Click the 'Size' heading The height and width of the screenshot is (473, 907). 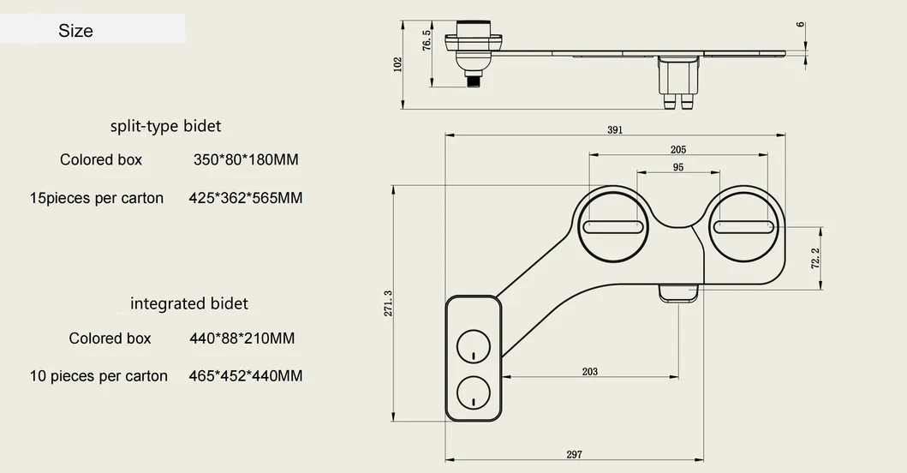(75, 31)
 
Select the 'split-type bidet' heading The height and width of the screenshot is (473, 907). (165, 126)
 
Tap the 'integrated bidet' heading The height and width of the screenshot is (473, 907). (188, 303)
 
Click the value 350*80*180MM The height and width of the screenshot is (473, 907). (246, 159)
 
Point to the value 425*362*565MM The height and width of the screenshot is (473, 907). (245, 198)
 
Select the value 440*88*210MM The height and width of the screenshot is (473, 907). (242, 338)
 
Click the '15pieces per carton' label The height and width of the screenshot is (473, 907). (96, 198)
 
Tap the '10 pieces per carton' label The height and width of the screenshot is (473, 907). (98, 376)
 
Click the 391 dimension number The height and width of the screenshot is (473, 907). (614, 130)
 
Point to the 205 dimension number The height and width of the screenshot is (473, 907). (678, 149)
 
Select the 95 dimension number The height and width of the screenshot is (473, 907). (677, 168)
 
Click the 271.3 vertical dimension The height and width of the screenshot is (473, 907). (388, 304)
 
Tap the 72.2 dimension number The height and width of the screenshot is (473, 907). (815, 258)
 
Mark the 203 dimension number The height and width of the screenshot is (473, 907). (589, 372)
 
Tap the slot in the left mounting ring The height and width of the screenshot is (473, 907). (613, 227)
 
